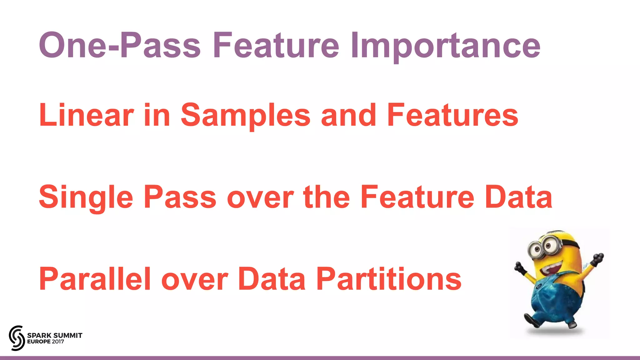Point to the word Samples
click(245, 115)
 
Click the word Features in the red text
click(452, 115)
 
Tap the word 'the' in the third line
click(326, 197)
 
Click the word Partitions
click(389, 279)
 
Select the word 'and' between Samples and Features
click(348, 115)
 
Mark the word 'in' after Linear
click(157, 115)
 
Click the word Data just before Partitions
click(272, 279)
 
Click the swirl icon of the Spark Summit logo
click(17, 338)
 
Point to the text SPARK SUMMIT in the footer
click(55, 335)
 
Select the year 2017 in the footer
click(58, 342)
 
